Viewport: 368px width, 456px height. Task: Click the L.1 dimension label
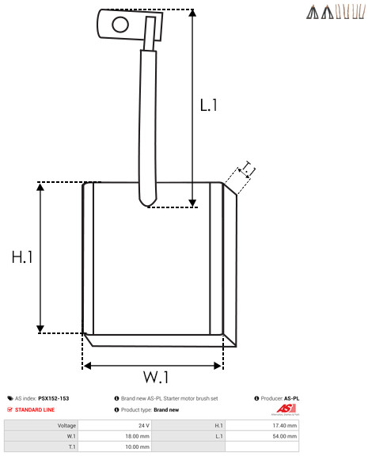208,105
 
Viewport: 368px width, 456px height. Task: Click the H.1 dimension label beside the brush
22,257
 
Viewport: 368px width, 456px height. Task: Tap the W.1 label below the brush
156,377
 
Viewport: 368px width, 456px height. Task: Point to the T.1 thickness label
248,169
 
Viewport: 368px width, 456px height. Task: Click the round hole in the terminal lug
120,25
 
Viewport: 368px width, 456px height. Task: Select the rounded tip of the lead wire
148,202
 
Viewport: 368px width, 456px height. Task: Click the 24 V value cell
144,425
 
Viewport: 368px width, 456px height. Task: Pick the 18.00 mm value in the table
137,436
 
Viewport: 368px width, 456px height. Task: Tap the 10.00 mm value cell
137,446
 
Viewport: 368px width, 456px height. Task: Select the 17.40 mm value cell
285,425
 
